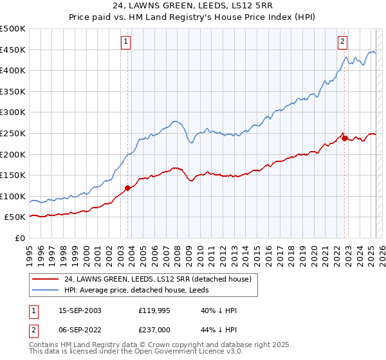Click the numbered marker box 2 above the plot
coord(343,42)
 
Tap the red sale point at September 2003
coord(127,188)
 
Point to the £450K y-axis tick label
coord(13,50)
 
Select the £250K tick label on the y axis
coord(13,134)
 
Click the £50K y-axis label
coord(15,217)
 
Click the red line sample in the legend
coord(46,278)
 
